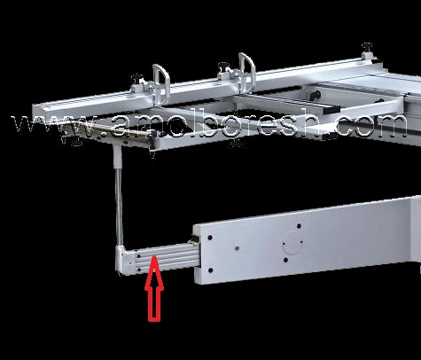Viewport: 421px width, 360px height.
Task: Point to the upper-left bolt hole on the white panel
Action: tap(210, 238)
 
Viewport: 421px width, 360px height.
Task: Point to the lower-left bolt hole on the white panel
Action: tap(210, 270)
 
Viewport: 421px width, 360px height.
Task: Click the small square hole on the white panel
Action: tap(237, 247)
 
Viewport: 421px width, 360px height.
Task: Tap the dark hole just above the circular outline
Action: tap(299, 226)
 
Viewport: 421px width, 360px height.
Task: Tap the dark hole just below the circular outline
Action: tap(285, 260)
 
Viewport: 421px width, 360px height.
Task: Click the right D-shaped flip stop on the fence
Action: tap(247, 72)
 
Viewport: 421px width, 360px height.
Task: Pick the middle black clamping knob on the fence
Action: tap(223, 67)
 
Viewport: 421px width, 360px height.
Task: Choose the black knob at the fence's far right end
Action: tap(367, 47)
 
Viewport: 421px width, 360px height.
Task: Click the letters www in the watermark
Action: tap(55, 127)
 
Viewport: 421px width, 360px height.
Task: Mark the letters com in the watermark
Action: tap(374, 126)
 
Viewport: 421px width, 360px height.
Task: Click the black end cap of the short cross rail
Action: tap(331, 110)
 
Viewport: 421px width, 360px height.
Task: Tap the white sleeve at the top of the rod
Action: tap(117, 158)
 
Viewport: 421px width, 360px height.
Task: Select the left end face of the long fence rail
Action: tap(37, 113)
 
